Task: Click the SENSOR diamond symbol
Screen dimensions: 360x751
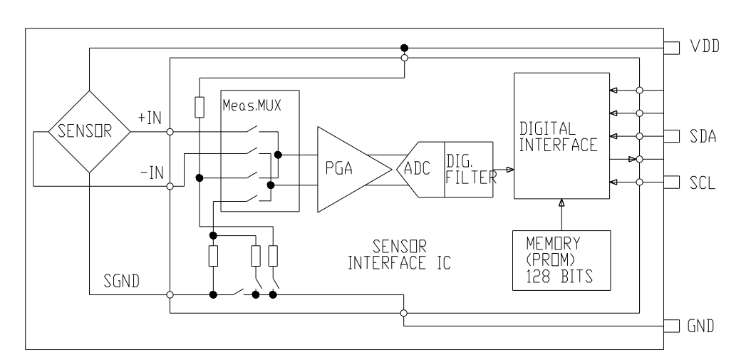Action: click(x=88, y=132)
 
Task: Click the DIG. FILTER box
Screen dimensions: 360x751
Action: click(x=468, y=169)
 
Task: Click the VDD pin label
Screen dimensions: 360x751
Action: click(x=704, y=47)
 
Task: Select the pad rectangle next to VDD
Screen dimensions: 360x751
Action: click(x=671, y=47)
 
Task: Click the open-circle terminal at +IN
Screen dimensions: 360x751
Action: click(x=170, y=132)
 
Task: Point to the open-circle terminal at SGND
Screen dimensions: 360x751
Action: click(x=170, y=294)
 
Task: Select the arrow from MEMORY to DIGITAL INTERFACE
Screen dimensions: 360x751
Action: click(x=561, y=214)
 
